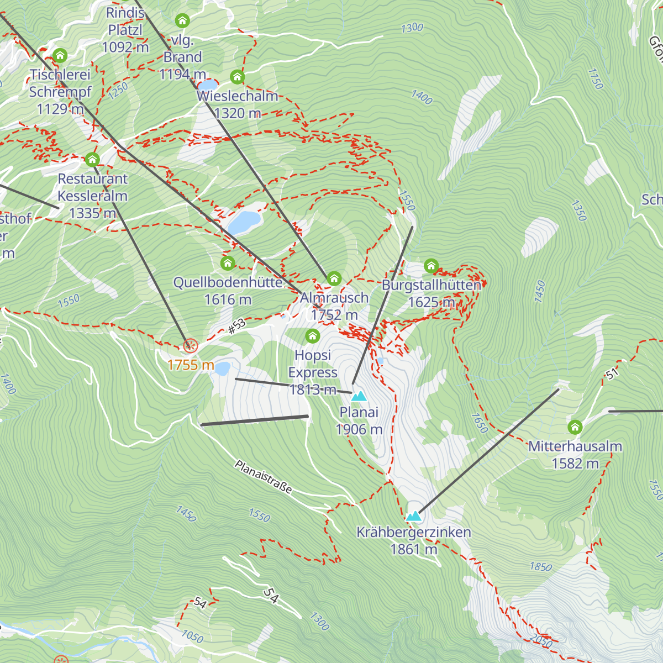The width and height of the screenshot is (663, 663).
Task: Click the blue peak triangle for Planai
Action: click(x=359, y=396)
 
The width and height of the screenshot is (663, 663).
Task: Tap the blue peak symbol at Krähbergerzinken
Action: click(x=414, y=517)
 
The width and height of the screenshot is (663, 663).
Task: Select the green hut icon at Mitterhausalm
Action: click(x=575, y=427)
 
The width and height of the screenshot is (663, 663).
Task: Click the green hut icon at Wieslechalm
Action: click(x=238, y=77)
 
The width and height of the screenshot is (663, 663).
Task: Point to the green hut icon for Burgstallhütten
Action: click(x=431, y=266)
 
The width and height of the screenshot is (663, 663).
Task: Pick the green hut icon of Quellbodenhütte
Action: click(x=228, y=263)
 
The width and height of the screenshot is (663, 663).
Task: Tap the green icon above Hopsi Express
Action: click(x=313, y=335)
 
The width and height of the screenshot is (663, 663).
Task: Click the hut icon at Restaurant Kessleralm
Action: click(x=92, y=160)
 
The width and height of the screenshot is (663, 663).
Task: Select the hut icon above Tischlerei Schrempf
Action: click(x=60, y=55)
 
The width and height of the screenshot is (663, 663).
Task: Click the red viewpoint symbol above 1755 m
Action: click(x=190, y=346)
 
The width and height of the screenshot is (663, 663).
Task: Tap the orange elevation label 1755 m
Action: click(x=191, y=365)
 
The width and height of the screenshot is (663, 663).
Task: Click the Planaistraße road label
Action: click(x=263, y=477)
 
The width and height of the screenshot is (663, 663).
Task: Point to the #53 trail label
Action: click(x=236, y=326)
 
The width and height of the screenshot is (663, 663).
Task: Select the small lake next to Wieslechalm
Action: click(x=208, y=85)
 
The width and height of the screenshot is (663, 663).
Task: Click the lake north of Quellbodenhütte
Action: click(x=244, y=222)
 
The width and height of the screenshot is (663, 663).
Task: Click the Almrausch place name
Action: click(x=334, y=298)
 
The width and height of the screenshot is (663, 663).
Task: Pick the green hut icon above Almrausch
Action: click(x=334, y=278)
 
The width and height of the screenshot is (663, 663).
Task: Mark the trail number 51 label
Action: click(x=612, y=374)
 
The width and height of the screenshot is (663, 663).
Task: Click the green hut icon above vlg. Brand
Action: click(x=182, y=21)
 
